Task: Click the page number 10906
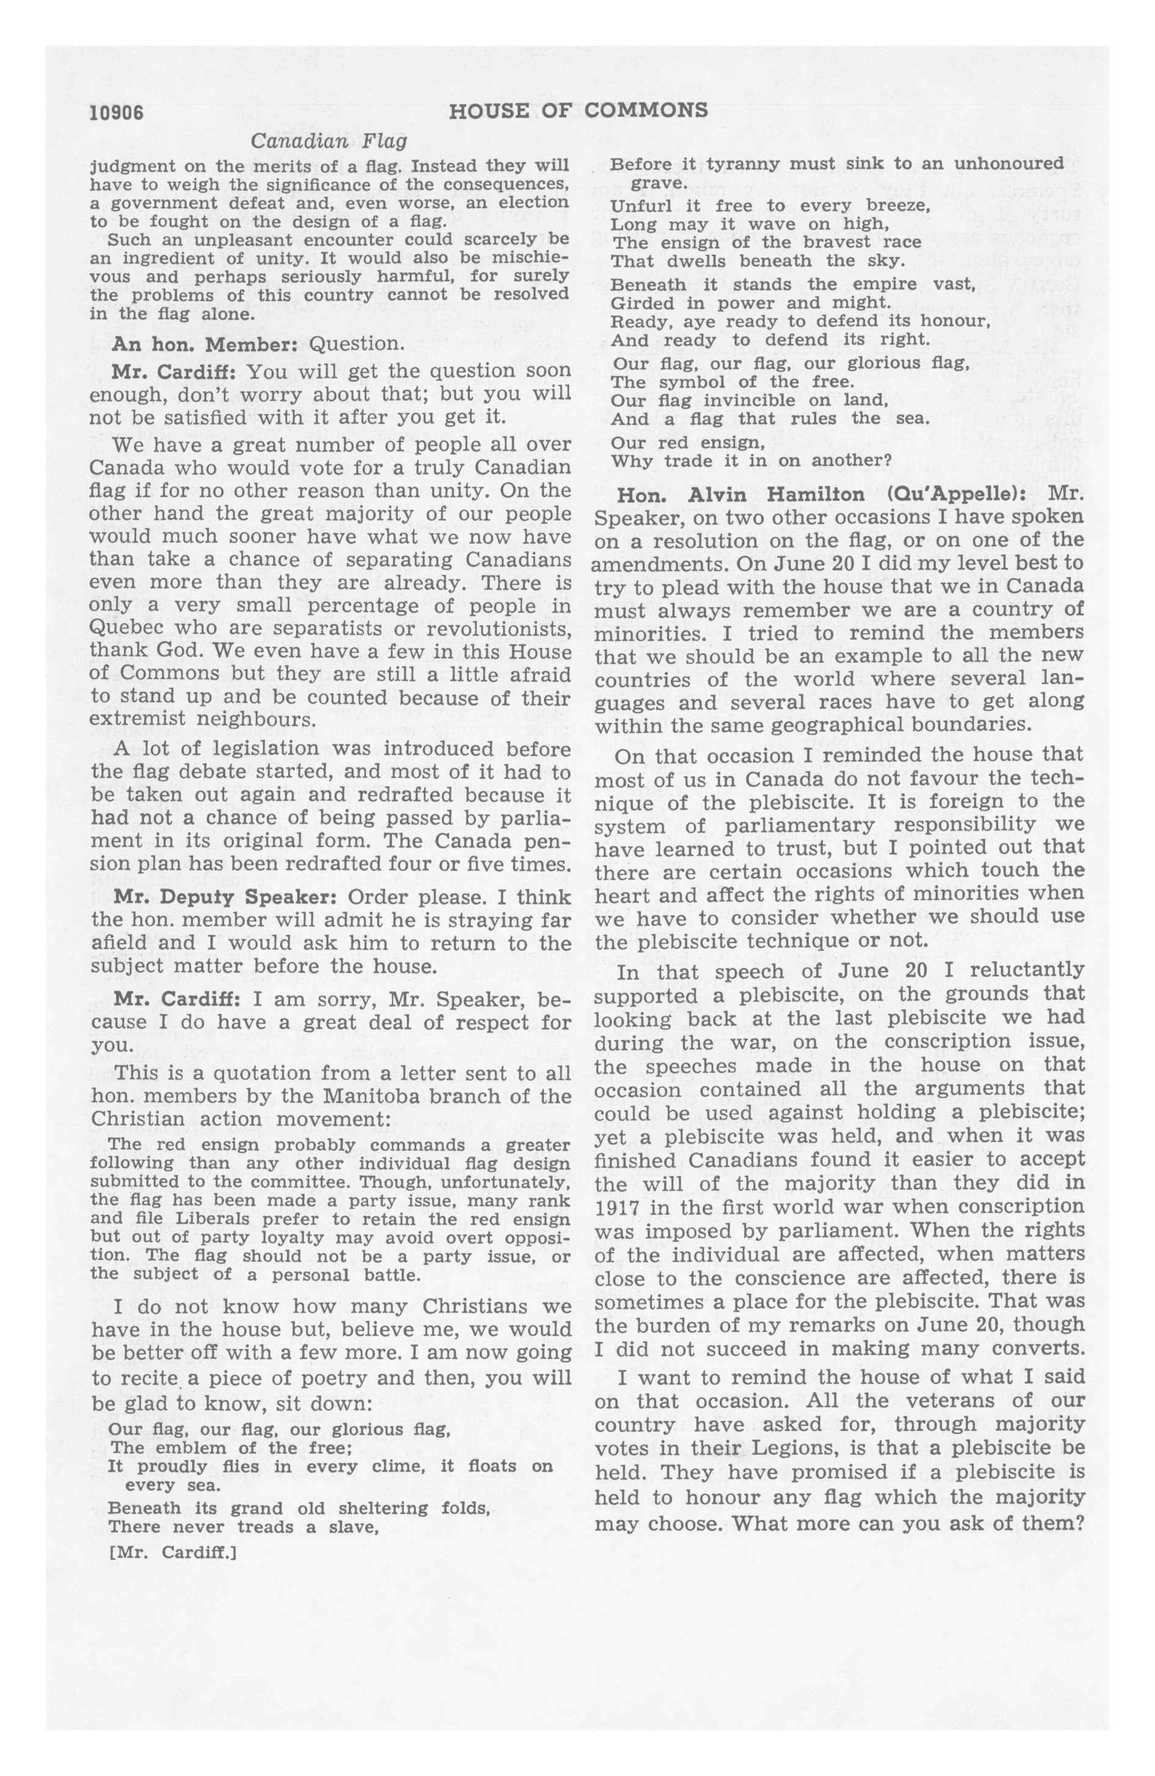coord(117,112)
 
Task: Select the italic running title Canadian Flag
coord(329,141)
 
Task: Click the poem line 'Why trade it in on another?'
coord(751,460)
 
